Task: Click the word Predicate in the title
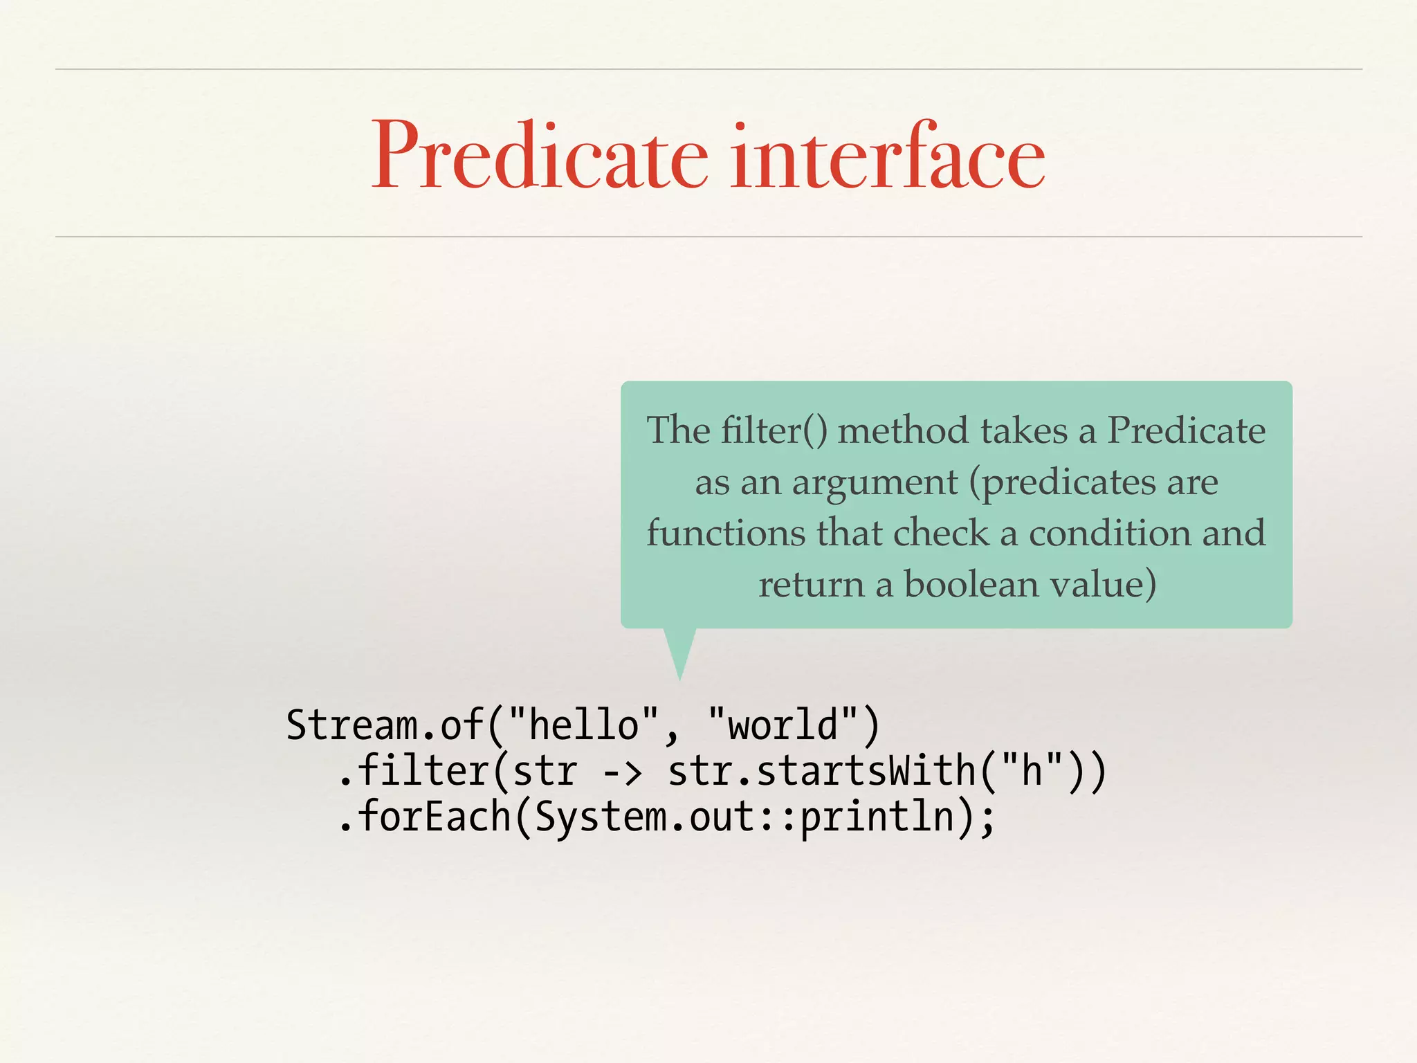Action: point(540,156)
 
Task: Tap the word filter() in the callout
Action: point(774,430)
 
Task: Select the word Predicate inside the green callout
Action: point(1186,430)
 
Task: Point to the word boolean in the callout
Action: point(972,584)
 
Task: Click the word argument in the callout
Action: point(875,482)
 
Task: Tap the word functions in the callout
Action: point(726,533)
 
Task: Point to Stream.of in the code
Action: point(385,725)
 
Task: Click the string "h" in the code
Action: point(1032,770)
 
